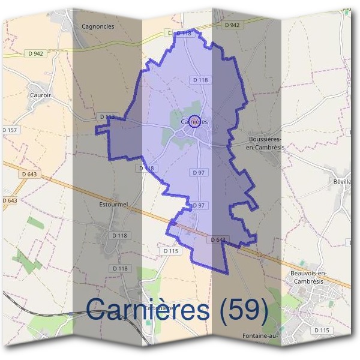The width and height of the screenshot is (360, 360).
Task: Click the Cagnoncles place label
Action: [x=97, y=27]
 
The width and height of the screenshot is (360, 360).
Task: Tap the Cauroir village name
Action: [x=40, y=95]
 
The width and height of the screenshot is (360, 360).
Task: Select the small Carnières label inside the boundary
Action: [x=194, y=122]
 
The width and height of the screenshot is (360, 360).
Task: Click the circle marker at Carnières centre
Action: [x=194, y=121]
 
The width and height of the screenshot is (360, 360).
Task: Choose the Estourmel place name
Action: [x=113, y=204]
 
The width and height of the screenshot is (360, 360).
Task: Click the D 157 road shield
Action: [x=10, y=130]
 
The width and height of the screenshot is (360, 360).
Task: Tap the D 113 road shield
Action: [x=107, y=116]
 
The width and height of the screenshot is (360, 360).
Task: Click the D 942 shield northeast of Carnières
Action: [x=232, y=25]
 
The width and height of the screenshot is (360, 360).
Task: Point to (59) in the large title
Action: [x=243, y=310]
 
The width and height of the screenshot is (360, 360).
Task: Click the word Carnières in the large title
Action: [x=147, y=310]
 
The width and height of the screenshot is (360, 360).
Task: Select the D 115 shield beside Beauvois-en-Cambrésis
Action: [x=322, y=331]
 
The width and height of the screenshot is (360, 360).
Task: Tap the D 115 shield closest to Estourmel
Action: [x=171, y=251]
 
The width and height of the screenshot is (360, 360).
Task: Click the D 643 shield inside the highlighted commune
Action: [x=218, y=240]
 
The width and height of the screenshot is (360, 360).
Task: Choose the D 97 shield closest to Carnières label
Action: [x=199, y=173]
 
